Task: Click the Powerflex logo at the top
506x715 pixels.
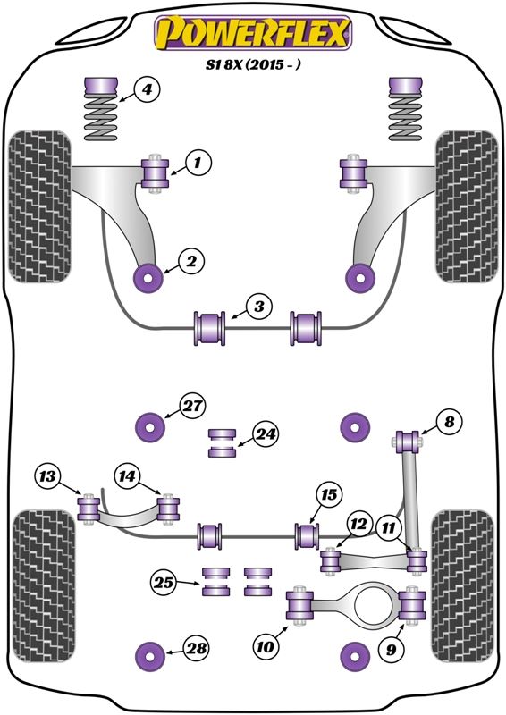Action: point(253,32)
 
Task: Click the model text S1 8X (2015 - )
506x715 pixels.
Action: point(253,64)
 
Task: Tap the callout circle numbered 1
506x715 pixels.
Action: point(198,163)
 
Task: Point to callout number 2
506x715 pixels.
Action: point(191,261)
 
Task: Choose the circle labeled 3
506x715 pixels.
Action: point(258,307)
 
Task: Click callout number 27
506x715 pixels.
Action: point(192,406)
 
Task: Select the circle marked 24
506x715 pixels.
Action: point(266,434)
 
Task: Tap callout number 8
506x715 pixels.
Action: point(449,422)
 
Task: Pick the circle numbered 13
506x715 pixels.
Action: point(47,477)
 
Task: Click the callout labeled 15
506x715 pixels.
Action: point(329,495)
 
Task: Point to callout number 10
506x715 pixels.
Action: point(266,646)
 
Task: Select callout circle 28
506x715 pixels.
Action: point(197,648)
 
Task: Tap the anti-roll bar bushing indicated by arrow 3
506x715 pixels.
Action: point(210,328)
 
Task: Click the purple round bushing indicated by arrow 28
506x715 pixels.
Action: point(150,655)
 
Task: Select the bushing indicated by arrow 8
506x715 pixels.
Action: point(407,441)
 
